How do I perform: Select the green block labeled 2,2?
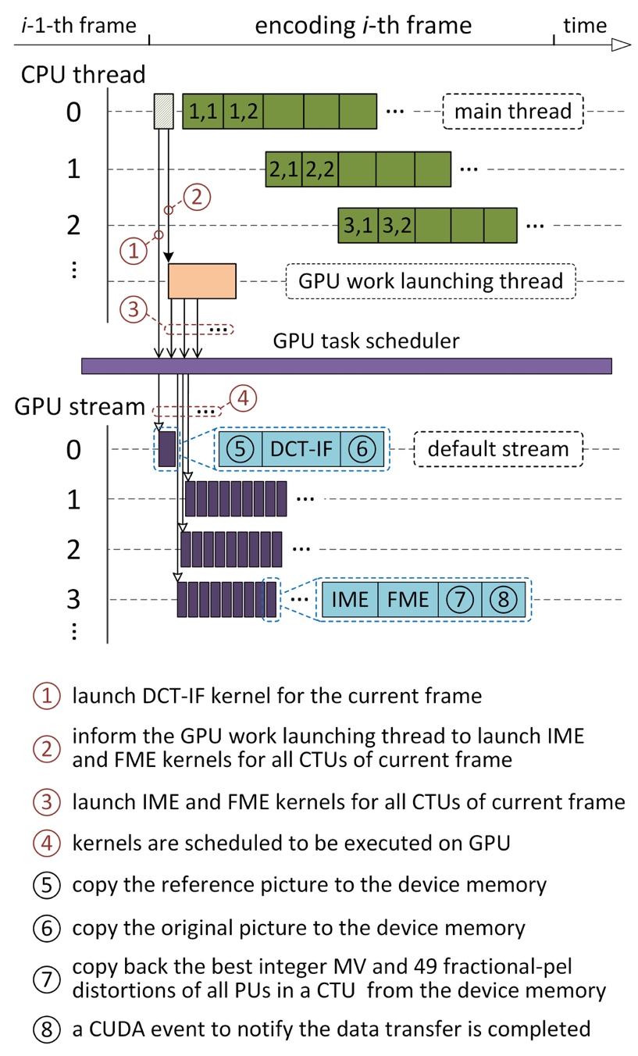tap(320, 169)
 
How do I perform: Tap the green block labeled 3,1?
tap(358, 227)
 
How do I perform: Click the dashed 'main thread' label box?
tap(513, 111)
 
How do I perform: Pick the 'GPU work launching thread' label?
tap(431, 281)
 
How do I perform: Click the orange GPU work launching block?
tap(202, 281)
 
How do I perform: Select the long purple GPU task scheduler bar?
tap(347, 366)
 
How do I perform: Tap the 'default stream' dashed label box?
tap(497, 449)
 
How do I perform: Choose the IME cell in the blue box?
tap(350, 599)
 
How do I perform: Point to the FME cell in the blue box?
tap(408, 599)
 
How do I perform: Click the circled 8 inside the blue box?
tap(504, 599)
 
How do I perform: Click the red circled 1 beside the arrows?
tap(134, 252)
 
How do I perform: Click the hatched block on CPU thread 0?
tap(162, 111)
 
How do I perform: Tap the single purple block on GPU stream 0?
tap(167, 449)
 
